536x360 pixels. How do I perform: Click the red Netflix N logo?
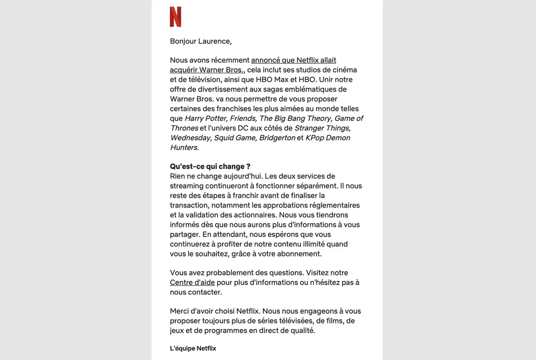click(176, 17)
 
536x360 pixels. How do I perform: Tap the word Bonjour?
click(183, 42)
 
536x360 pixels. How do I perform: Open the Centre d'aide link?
click(193, 282)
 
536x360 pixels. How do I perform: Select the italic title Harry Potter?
click(206, 118)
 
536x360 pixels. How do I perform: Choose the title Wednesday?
click(191, 138)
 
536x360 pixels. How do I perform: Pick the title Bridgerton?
click(277, 138)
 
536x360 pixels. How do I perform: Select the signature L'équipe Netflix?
click(193, 348)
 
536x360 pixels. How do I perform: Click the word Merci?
click(180, 311)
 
